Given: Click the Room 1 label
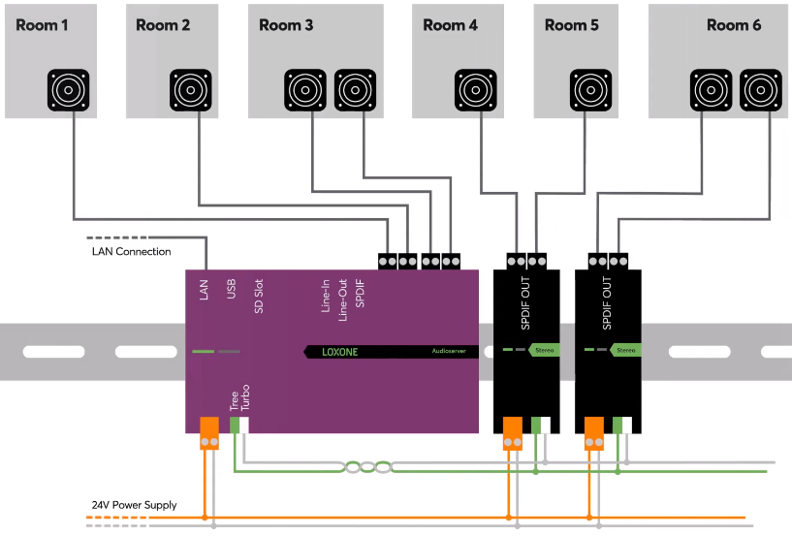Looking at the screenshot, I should [x=42, y=24].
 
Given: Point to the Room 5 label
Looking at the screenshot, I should [x=579, y=24].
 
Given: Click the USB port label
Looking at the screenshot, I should [x=231, y=288].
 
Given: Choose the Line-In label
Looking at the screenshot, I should [x=327, y=294].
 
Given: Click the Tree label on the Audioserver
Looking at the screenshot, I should [x=233, y=400].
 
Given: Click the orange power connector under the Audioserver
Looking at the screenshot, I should [x=209, y=432].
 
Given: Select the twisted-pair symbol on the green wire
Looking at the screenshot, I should [x=367, y=467].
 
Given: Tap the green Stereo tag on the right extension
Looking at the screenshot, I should [x=626, y=350].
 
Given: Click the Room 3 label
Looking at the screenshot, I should [x=286, y=24].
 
